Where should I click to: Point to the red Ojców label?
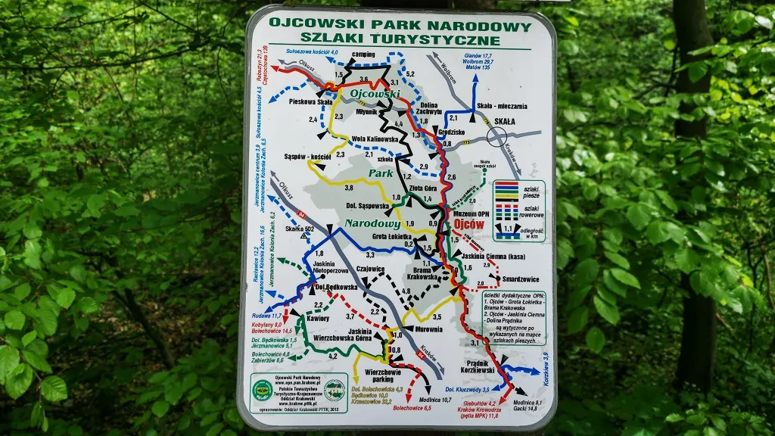(469, 224)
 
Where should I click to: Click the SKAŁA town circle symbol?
(497, 136)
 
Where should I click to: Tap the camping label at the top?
(364, 55)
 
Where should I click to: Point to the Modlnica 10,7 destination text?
(434, 399)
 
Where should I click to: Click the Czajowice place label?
(371, 269)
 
